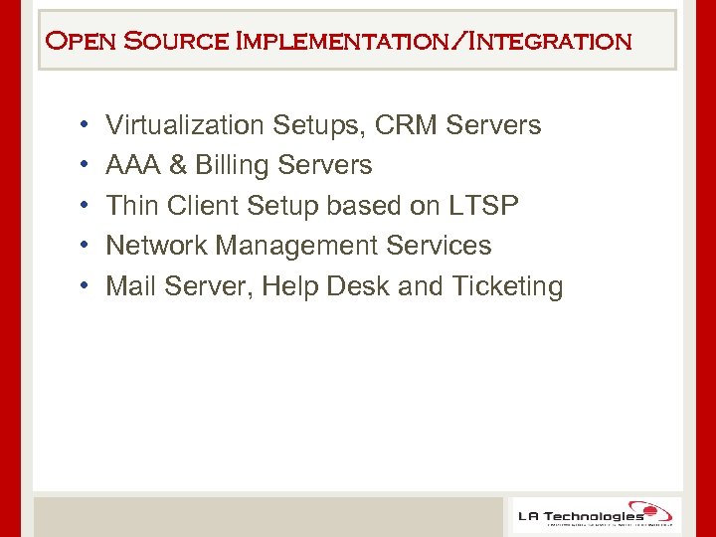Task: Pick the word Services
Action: coord(440,246)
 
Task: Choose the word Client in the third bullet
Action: coord(206,206)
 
